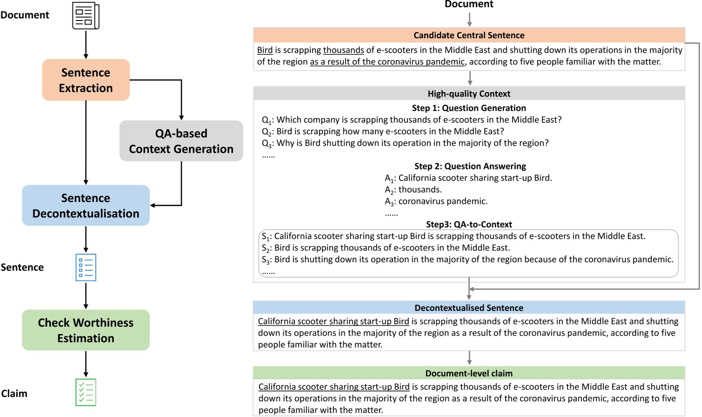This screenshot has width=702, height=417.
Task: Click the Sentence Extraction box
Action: pos(86,80)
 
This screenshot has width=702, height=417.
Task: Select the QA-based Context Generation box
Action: pos(181,141)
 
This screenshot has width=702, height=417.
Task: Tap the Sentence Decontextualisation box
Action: pos(86,206)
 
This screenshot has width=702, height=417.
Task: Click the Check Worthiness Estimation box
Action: pos(86,330)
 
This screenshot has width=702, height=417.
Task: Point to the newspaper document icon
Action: pos(86,16)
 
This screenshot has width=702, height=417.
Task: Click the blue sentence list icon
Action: pos(86,267)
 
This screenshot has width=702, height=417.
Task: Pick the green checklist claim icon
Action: pos(86,392)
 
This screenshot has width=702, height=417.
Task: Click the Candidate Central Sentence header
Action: pos(468,35)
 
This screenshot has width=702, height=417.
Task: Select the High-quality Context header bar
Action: pos(468,94)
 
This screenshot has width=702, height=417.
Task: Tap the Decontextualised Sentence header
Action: pos(468,308)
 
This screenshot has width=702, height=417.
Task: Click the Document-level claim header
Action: pos(468,373)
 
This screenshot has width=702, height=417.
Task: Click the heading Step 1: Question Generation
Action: pos(468,108)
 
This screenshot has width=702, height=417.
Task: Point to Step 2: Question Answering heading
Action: pos(470,166)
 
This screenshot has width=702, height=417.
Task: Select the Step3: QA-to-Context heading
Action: pos(468,224)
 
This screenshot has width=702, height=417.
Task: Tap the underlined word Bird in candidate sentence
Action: pos(265,50)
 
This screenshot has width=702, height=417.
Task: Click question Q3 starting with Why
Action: pos(405,143)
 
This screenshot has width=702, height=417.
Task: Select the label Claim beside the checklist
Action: pos(14,394)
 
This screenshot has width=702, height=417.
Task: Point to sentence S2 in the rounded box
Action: pos(386,248)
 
